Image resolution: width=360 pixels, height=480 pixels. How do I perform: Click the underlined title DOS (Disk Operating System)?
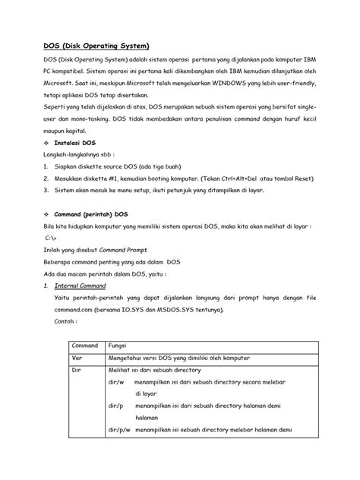pos(95,45)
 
